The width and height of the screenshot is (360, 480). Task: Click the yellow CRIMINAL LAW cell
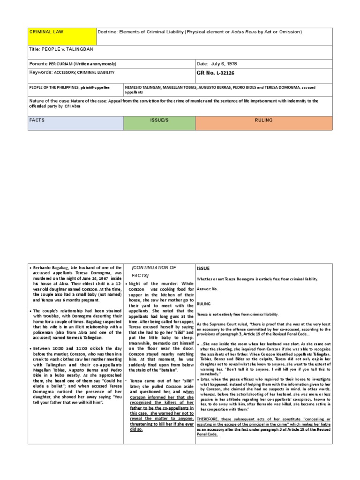[61, 37]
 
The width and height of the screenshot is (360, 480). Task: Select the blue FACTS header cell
[75, 123]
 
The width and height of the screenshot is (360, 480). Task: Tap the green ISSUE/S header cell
[159, 123]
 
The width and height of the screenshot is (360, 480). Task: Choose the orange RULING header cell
[263, 123]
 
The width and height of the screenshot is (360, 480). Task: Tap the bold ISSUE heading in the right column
[203, 268]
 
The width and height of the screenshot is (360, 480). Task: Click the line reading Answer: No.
[207, 289]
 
